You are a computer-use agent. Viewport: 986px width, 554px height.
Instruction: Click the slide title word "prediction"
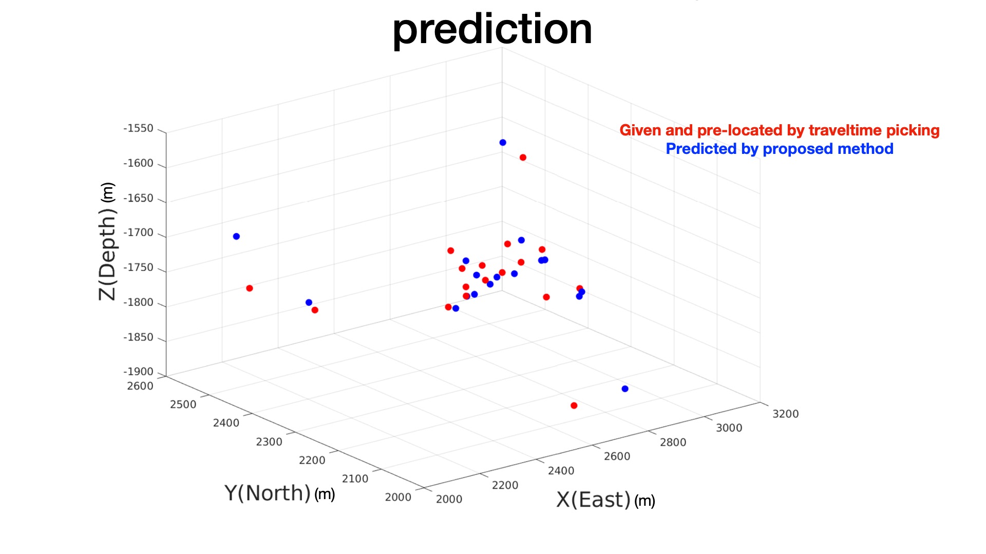492,30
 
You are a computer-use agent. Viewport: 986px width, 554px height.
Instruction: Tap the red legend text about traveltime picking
780,130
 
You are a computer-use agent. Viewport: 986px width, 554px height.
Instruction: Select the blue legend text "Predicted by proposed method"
780,149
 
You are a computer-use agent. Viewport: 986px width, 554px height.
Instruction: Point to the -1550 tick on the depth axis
138,128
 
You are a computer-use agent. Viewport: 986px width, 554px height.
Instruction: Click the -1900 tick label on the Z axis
138,371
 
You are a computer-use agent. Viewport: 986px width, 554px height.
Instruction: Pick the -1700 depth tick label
138,232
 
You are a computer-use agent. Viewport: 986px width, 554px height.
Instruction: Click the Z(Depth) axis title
107,241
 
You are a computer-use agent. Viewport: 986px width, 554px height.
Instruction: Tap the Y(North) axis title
280,493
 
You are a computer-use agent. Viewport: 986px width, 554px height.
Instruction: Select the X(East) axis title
606,500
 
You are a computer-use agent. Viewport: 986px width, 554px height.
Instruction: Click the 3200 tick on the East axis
785,414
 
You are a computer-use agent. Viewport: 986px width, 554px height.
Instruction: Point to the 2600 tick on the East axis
617,457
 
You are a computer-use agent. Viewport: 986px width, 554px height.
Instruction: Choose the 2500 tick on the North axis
183,404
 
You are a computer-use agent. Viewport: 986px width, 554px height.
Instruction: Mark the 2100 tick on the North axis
355,479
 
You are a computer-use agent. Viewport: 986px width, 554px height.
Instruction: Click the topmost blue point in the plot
503,143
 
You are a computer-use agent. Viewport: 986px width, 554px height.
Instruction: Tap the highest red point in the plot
523,157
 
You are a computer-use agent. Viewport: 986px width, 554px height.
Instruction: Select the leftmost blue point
236,236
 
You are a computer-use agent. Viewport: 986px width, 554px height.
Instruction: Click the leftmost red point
250,288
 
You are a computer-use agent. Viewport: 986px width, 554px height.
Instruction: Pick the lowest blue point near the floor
625,389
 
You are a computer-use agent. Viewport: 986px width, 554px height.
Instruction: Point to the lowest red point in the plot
574,406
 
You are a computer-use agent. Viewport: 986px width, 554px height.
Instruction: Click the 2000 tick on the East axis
449,499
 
